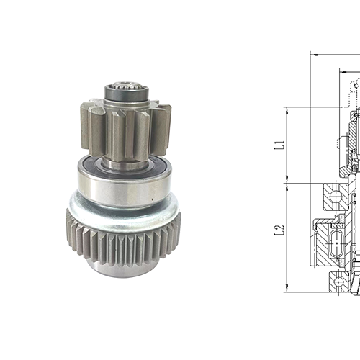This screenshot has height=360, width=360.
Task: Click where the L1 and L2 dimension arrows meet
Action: click(287, 181)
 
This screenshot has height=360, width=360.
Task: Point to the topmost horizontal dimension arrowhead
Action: click(313, 53)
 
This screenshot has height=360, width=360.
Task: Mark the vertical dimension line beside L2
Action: click(287, 238)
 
